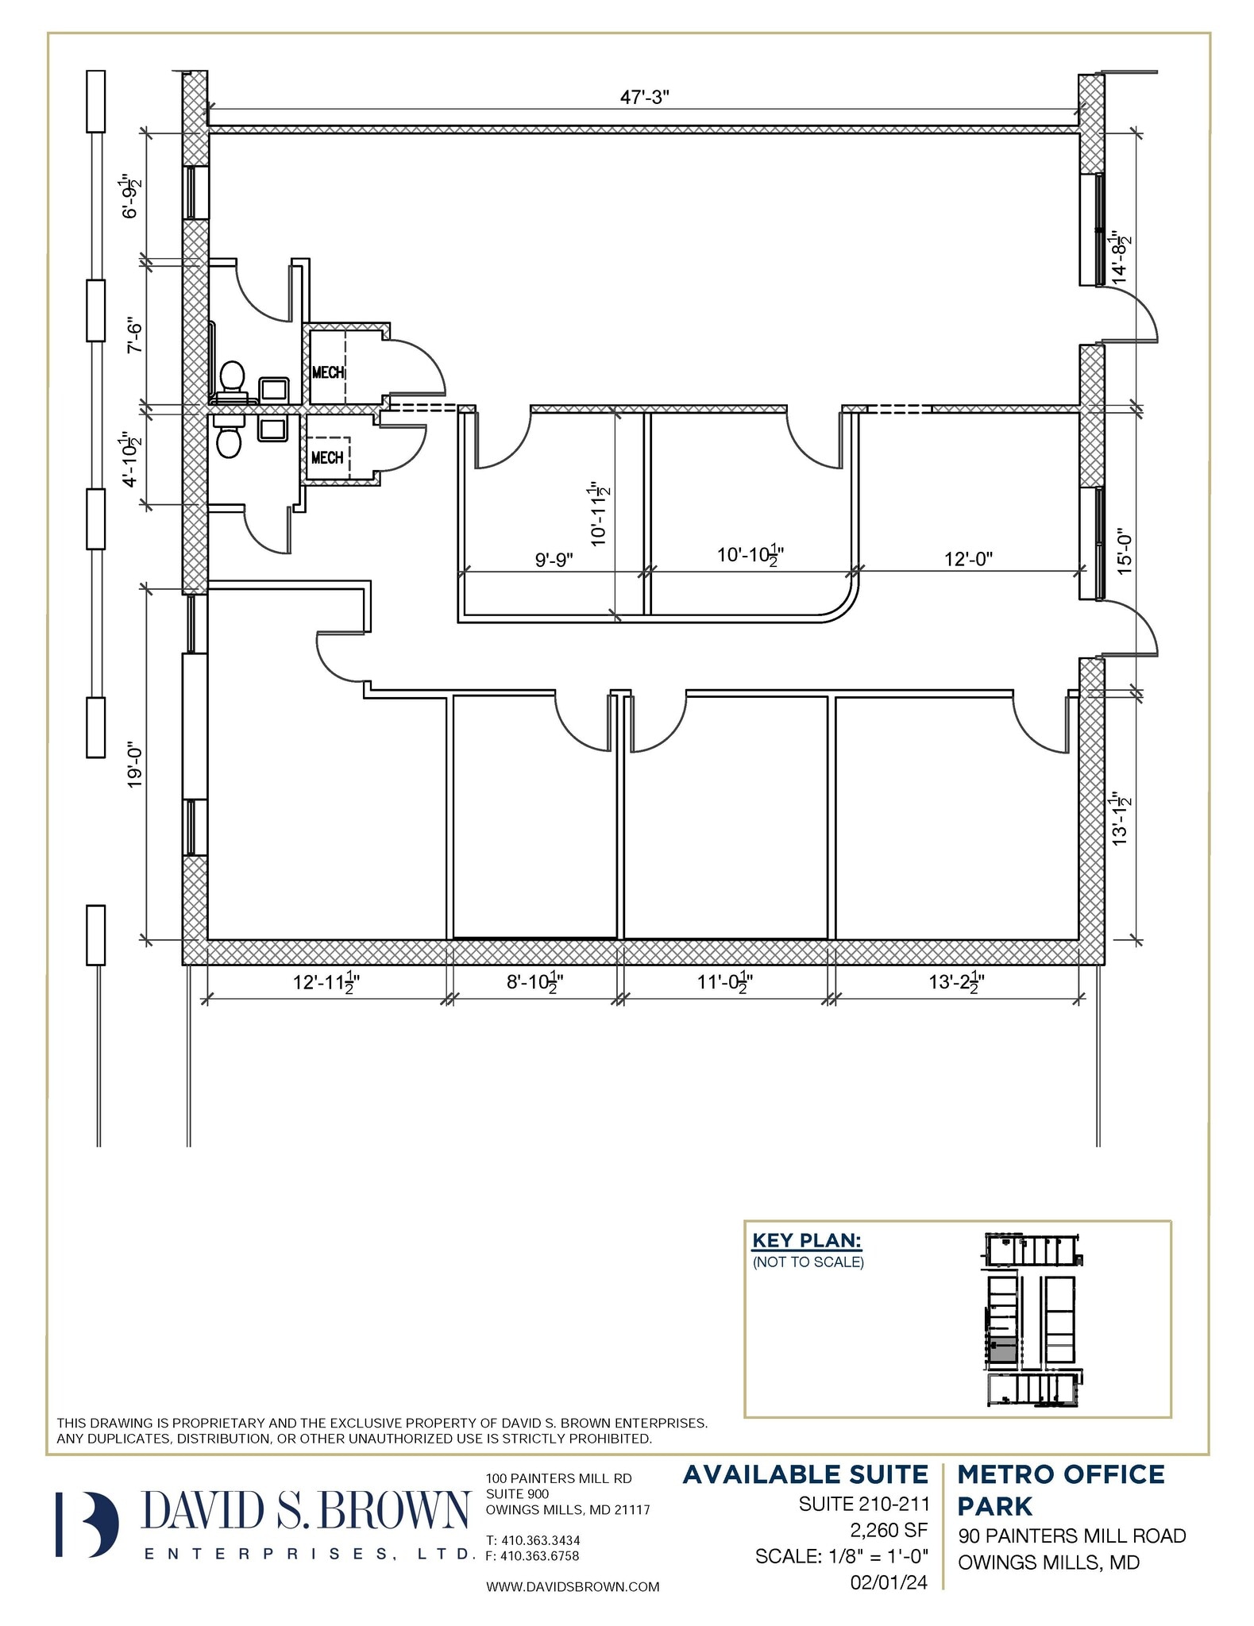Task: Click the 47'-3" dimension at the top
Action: click(644, 98)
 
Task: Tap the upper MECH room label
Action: click(328, 372)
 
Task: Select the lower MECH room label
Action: click(327, 457)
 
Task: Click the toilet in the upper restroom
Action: click(232, 377)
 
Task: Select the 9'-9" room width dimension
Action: click(554, 559)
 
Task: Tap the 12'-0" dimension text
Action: click(968, 559)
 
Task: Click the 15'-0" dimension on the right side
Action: click(1122, 553)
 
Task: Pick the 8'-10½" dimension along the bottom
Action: click(535, 983)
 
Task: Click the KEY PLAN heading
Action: click(806, 1240)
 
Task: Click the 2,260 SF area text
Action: click(889, 1528)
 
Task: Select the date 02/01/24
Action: click(888, 1582)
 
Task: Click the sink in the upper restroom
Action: click(275, 389)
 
